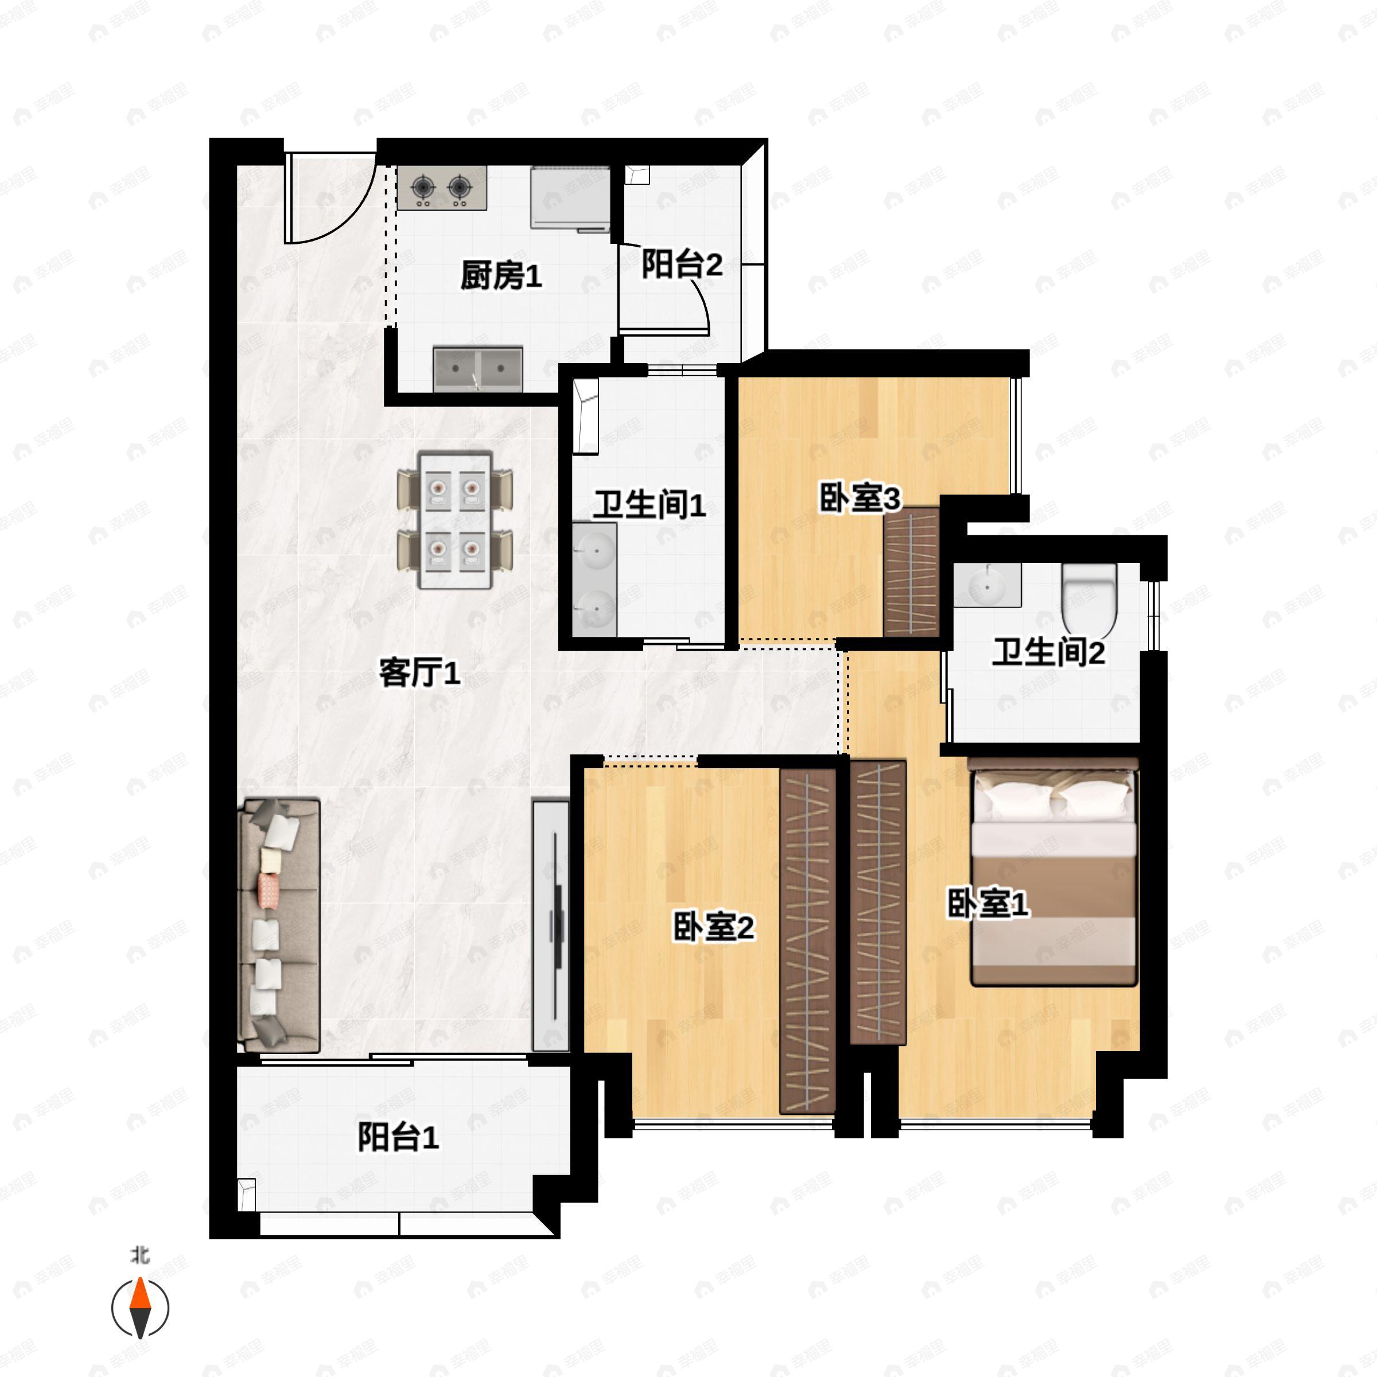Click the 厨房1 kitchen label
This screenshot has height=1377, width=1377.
pyautogui.click(x=501, y=275)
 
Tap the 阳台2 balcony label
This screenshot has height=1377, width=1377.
pyautogui.click(x=682, y=264)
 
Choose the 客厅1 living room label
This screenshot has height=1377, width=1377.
pyautogui.click(x=419, y=672)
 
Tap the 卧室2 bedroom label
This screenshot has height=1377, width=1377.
pyautogui.click(x=713, y=927)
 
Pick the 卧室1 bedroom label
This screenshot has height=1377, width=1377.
pyautogui.click(x=987, y=904)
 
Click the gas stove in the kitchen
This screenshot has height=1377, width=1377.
pyautogui.click(x=442, y=188)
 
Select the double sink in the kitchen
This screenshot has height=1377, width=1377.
pyautogui.click(x=479, y=368)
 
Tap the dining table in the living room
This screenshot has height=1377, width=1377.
pyautogui.click(x=456, y=520)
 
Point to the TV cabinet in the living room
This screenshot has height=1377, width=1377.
pyautogui.click(x=551, y=925)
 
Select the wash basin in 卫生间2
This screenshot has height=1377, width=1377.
pyautogui.click(x=988, y=585)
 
